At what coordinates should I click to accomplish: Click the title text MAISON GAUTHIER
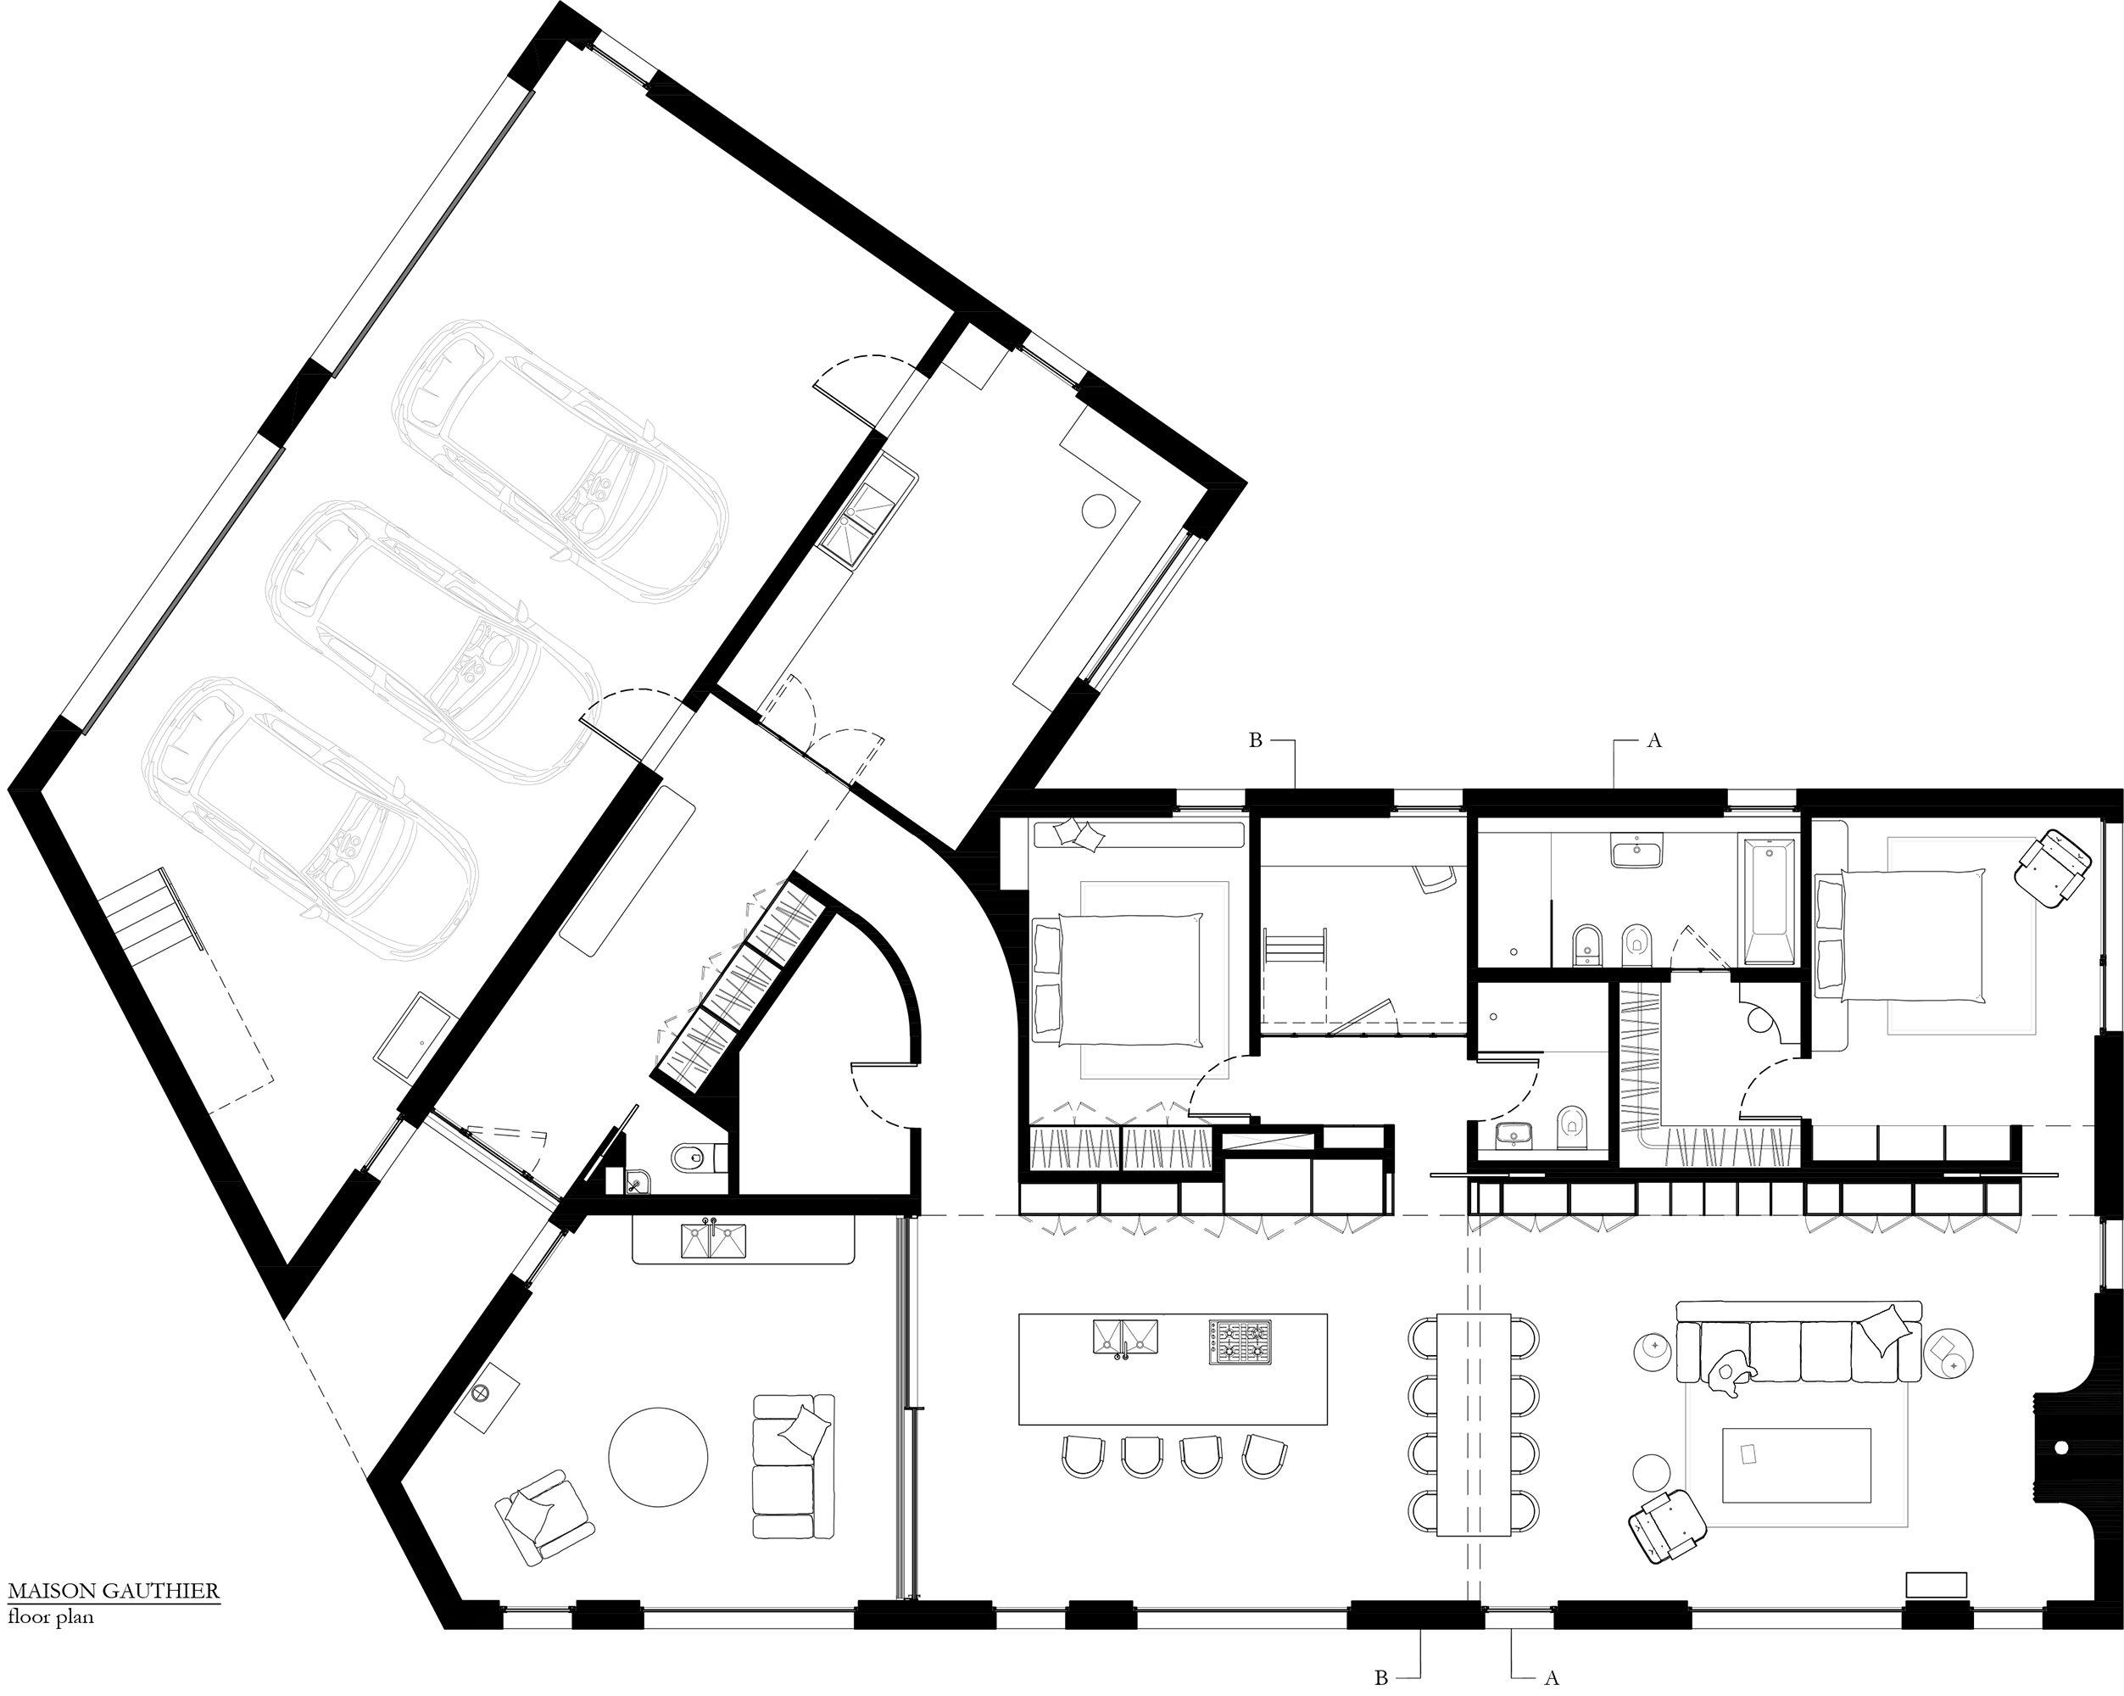pyautogui.click(x=114, y=1592)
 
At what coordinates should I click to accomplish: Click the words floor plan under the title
pyautogui.click(x=51, y=1617)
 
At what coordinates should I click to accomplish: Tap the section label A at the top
pyautogui.click(x=1654, y=741)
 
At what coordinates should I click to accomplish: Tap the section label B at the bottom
pyautogui.click(x=1381, y=1677)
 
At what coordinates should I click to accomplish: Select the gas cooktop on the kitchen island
pyautogui.click(x=1240, y=1342)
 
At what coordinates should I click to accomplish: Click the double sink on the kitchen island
pyautogui.click(x=1125, y=1337)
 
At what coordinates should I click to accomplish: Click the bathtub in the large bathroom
pyautogui.click(x=1770, y=901)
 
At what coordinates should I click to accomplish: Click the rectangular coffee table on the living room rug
pyautogui.click(x=1795, y=1465)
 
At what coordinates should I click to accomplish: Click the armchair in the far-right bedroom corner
pyautogui.click(x=2051, y=868)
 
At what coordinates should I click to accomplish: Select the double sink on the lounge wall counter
pyautogui.click(x=713, y=1241)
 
